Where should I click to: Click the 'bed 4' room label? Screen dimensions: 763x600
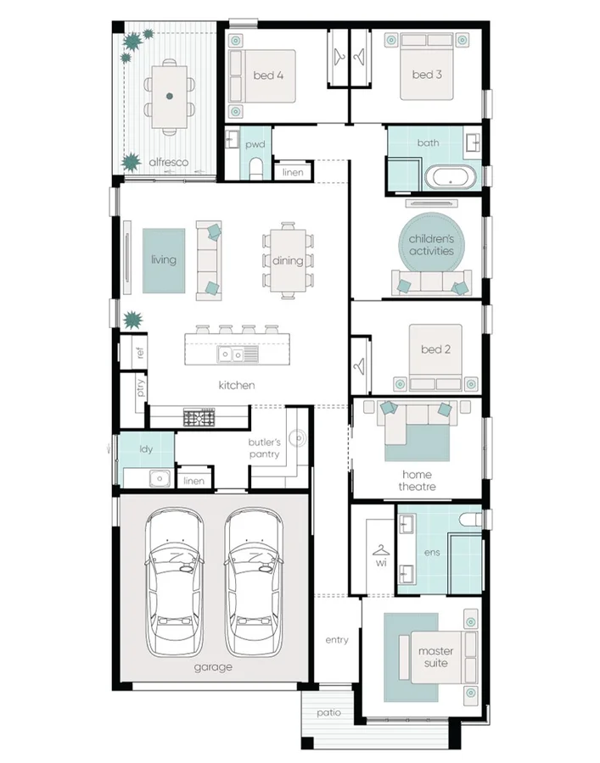pos(268,75)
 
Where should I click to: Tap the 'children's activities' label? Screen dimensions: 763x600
pos(431,246)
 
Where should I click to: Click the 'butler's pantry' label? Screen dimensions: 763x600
pos(264,448)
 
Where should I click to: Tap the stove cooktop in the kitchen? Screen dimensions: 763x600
pos(201,417)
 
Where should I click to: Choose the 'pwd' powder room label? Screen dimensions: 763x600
pos(255,145)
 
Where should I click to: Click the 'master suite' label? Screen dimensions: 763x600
pos(435,657)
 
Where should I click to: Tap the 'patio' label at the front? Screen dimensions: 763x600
pos(329,713)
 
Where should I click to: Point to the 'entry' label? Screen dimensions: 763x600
pos(337,640)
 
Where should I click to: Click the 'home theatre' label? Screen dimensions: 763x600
pos(417,481)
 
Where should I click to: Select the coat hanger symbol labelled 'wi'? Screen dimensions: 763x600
pos(379,551)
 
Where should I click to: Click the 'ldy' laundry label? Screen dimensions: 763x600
pos(146,449)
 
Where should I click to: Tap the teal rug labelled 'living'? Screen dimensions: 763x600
pos(164,260)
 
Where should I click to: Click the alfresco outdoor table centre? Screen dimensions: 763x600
pos(170,96)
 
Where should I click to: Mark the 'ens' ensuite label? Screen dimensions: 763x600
pos(432,552)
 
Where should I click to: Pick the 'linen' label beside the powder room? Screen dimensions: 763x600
pos(292,173)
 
